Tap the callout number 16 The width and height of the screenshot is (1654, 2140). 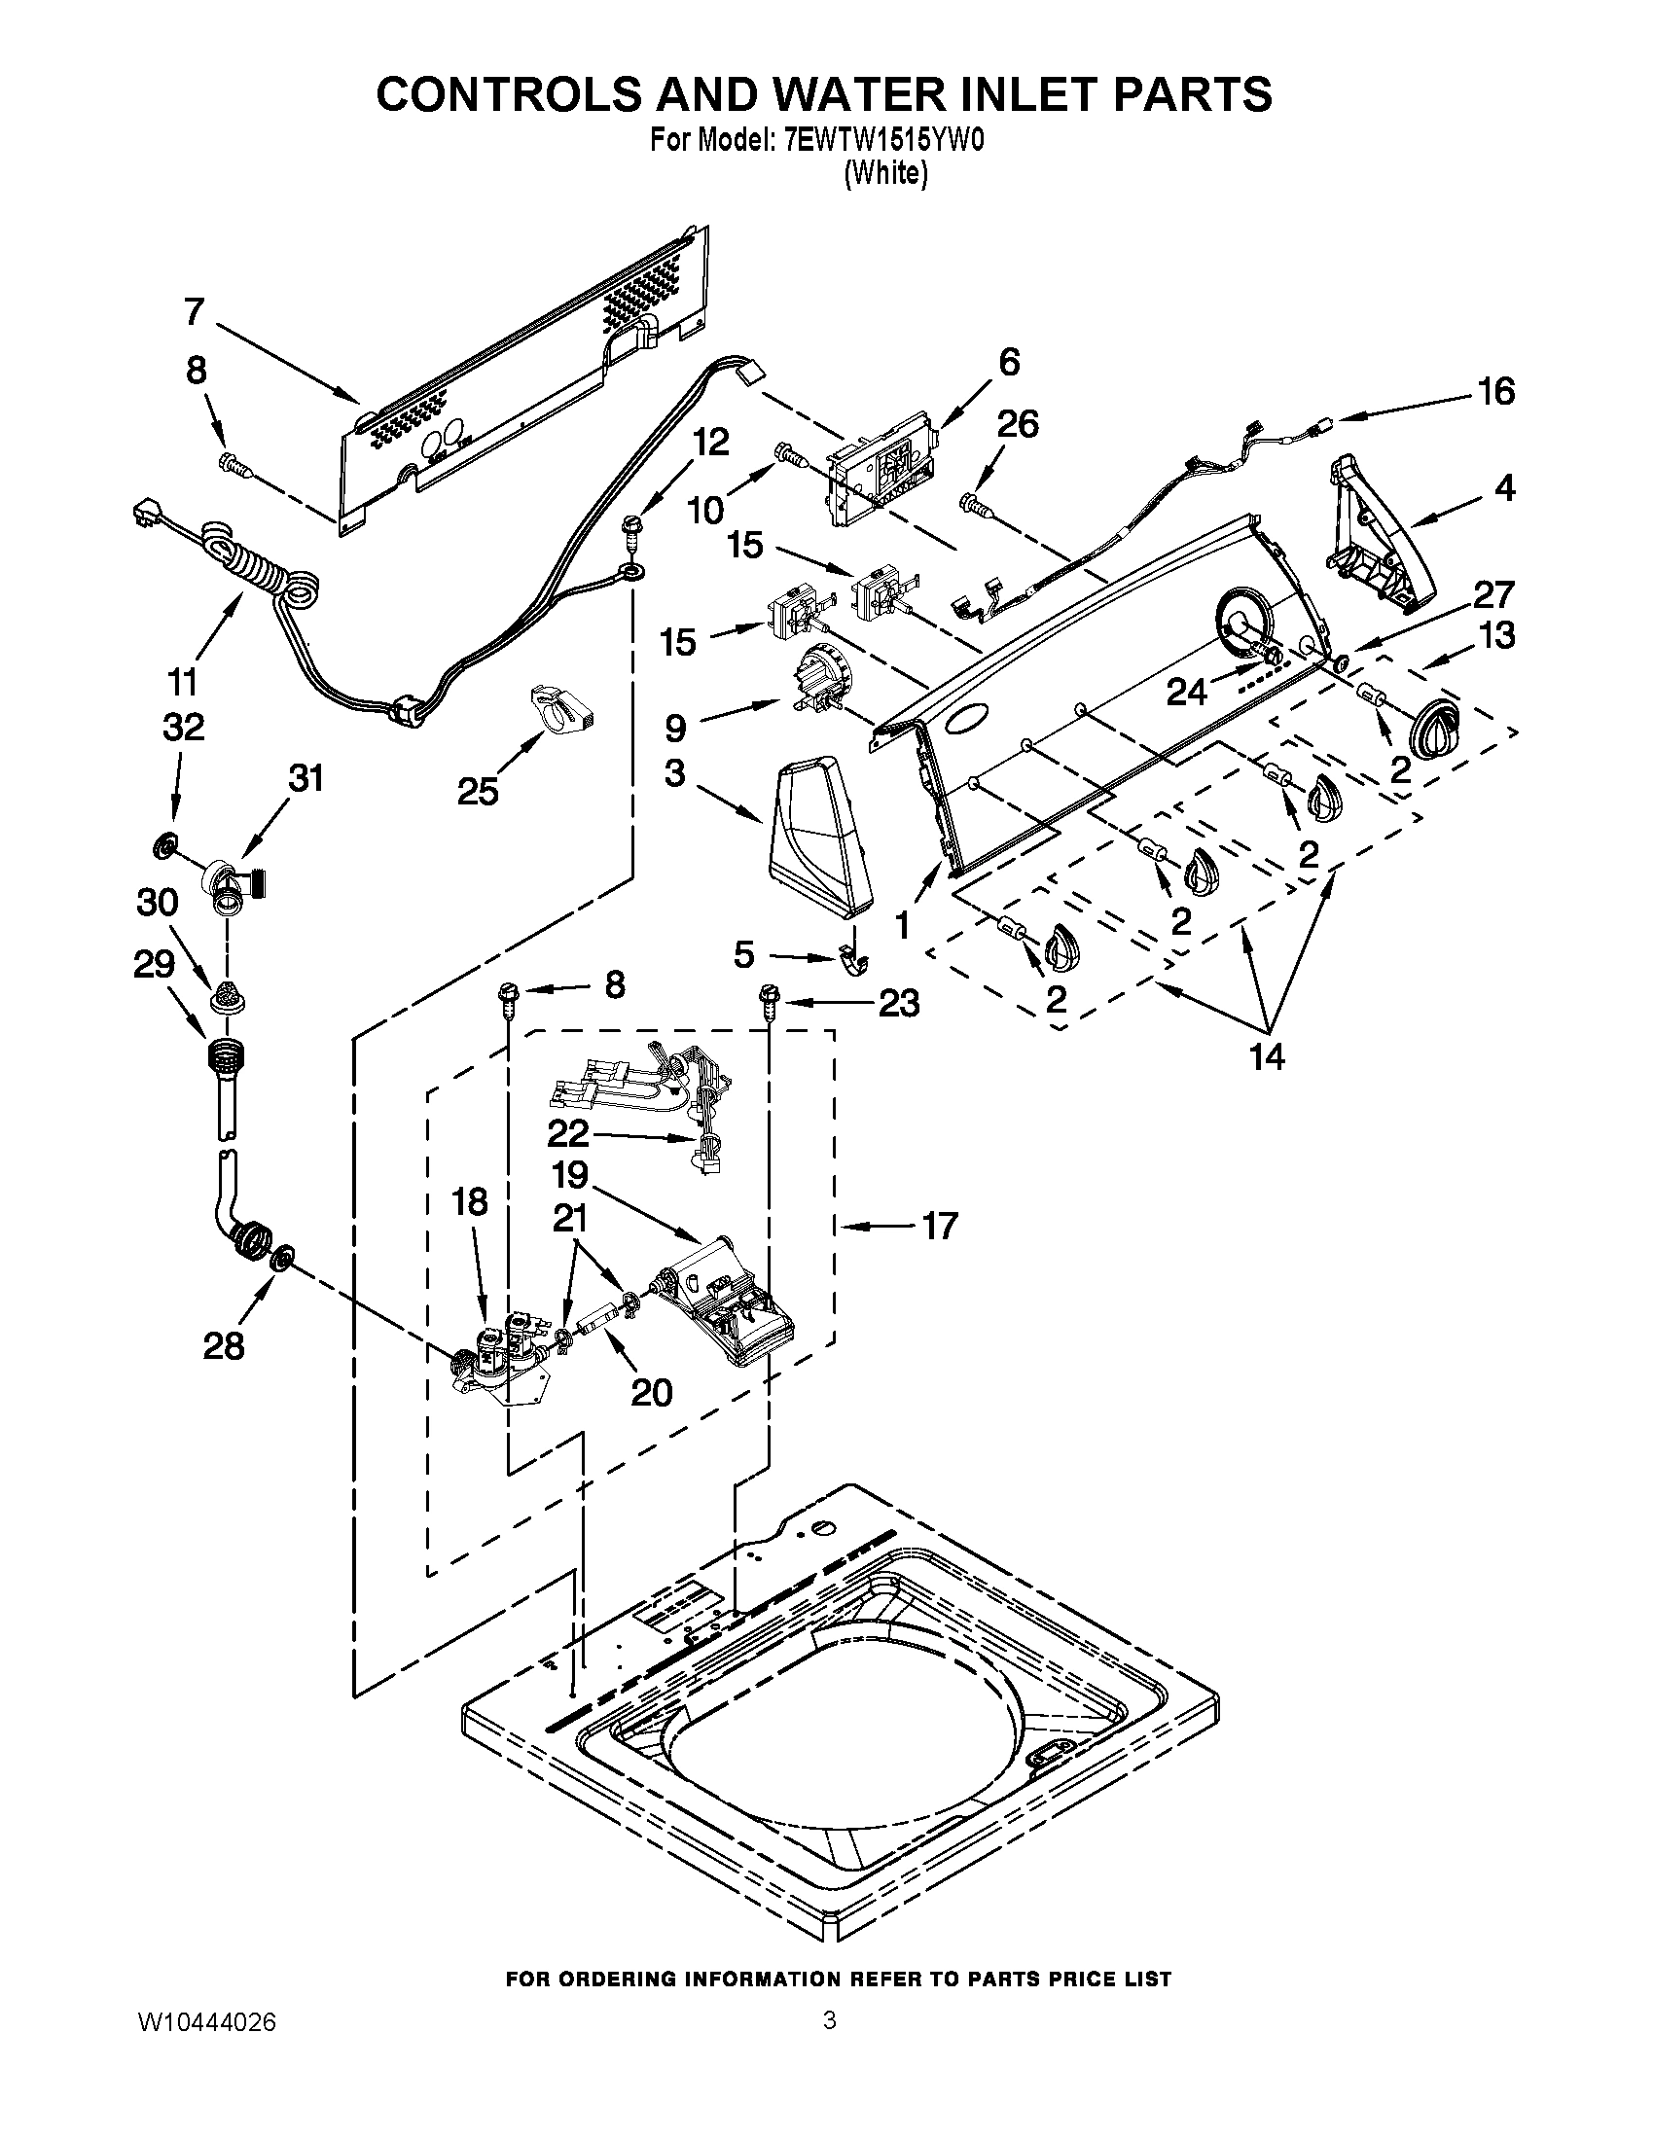[1495, 392]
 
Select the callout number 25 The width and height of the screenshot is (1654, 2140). [477, 791]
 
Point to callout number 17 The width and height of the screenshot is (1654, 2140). [938, 1225]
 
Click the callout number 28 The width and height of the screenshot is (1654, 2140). [223, 1346]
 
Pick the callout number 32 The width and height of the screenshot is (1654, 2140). [183, 727]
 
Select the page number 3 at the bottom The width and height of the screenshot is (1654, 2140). [829, 2019]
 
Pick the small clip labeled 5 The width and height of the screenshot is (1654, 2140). [854, 955]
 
